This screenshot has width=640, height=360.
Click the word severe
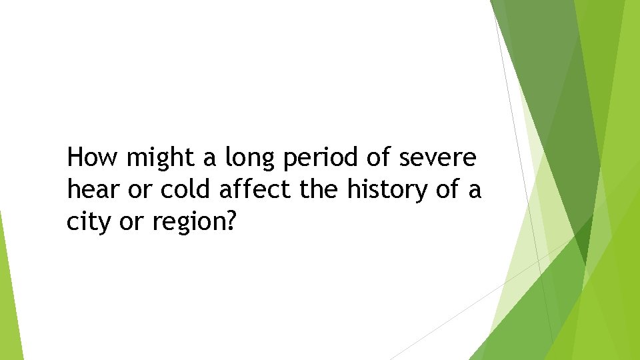(437, 158)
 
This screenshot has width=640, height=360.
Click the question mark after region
(231, 222)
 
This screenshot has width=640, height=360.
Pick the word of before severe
(379, 158)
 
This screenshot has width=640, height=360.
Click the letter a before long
(209, 159)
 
